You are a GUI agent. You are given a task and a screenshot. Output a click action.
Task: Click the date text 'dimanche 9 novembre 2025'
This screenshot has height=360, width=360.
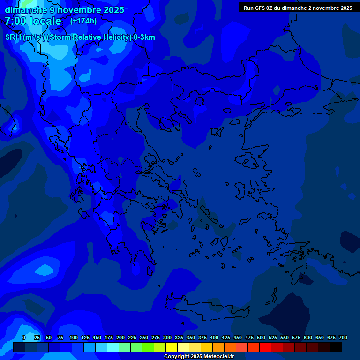[64, 10]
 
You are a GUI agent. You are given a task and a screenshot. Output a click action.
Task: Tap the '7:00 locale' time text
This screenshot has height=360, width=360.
[33, 21]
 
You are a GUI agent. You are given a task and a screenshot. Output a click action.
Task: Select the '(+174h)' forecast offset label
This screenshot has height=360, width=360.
[83, 21]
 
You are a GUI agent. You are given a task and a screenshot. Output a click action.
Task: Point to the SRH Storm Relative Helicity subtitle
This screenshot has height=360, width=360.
[80, 37]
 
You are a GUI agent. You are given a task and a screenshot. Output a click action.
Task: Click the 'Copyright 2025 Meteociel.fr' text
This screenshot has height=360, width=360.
[199, 356]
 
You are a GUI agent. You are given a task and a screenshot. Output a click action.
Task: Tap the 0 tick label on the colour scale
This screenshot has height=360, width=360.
[24, 337]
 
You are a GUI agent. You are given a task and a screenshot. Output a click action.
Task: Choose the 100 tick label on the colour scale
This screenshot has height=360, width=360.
[74, 337]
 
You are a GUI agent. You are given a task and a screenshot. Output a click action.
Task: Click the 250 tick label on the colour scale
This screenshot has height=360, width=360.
[144, 337]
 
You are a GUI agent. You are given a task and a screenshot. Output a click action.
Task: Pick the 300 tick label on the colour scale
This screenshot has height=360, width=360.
[167, 337]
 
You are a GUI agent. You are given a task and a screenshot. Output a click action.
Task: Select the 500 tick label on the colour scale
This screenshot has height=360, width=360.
[261, 337]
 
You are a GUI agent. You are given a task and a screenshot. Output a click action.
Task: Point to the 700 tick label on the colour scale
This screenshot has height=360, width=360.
[343, 337]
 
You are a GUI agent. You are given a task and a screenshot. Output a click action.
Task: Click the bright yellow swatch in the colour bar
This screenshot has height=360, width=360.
[172, 347]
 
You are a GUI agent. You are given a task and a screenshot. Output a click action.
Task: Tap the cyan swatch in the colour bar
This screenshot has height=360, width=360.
[113, 347]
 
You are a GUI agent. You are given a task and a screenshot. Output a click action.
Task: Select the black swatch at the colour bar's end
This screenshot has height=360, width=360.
[336, 347]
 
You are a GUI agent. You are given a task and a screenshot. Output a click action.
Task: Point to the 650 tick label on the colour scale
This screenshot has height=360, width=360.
[320, 337]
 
